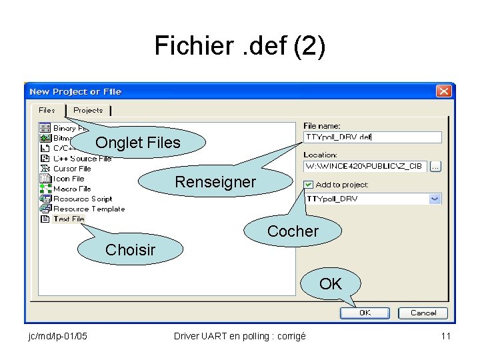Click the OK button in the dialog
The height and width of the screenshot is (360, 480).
coord(365,313)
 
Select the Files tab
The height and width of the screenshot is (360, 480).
coord(47,110)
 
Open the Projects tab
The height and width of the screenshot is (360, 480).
coord(88,110)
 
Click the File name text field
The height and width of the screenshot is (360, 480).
coord(372,137)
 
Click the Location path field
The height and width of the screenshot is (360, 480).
coord(365,165)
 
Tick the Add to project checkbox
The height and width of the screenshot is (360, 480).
coord(308,185)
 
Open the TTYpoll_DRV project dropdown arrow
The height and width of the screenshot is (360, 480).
coord(435,199)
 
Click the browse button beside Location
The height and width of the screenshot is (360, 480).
coord(436,166)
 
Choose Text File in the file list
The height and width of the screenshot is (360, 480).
coord(69,219)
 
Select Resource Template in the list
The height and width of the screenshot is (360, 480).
coord(89,209)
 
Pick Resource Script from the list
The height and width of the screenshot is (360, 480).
coord(83,199)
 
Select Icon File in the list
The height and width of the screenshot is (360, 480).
coord(69,179)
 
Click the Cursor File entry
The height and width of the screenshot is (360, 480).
coord(72,169)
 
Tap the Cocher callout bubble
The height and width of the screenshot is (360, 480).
coord(293,231)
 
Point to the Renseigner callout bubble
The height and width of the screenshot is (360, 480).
coord(215,182)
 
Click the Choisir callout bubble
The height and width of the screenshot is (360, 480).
coord(131,250)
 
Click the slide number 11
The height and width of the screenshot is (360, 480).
coord(445,336)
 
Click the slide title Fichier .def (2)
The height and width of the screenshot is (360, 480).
coord(240,46)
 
